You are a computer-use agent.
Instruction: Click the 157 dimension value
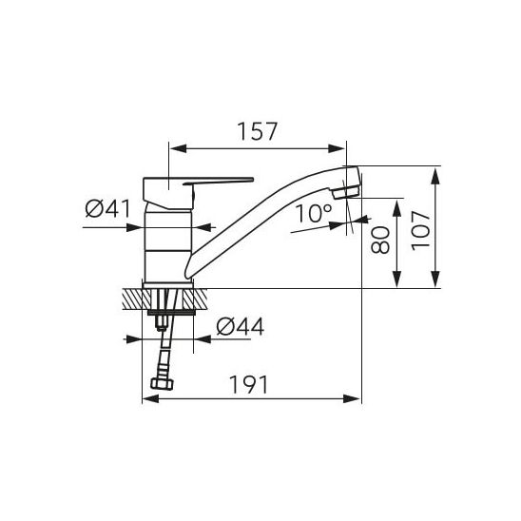point(258,131)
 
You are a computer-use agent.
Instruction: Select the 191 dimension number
point(248,384)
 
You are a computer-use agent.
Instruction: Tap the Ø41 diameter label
point(108,209)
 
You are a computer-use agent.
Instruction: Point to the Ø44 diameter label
point(241,326)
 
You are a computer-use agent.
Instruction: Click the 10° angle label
point(313,213)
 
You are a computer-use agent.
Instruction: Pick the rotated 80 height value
point(380,240)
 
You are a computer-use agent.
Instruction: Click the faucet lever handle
point(218,181)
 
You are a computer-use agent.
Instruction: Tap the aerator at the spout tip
point(345,192)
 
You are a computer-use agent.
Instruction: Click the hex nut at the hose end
point(162,384)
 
